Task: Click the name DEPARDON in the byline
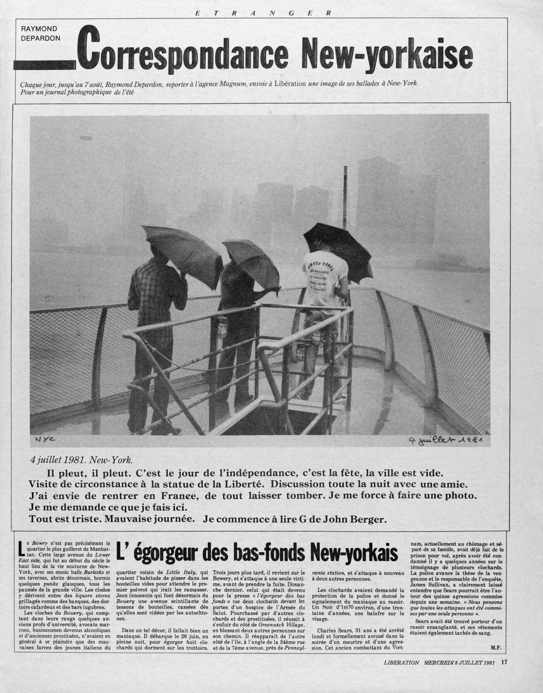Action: pyautogui.click(x=41, y=38)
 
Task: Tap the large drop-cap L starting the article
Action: pyautogui.click(x=21, y=548)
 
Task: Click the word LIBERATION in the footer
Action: pyautogui.click(x=401, y=663)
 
